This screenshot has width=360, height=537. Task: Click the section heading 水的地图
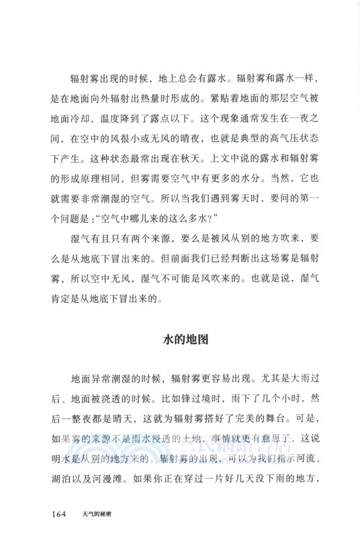[x=186, y=339]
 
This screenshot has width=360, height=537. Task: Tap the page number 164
[x=57, y=514]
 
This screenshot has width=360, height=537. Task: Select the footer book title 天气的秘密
[x=92, y=514]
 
